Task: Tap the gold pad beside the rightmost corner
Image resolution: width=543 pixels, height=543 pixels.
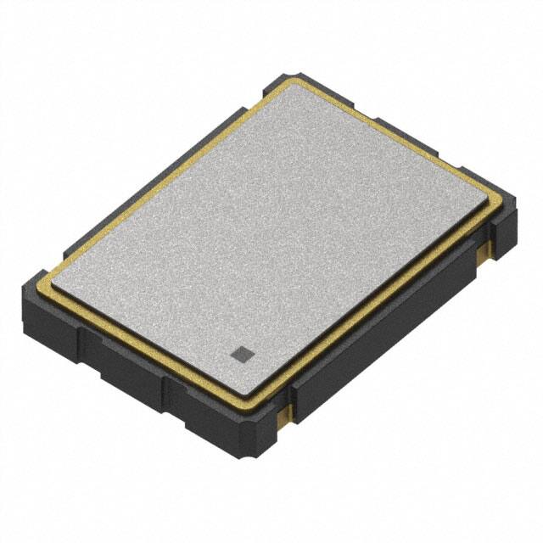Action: point(485,247)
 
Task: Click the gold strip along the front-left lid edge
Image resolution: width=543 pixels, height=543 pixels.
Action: point(144,334)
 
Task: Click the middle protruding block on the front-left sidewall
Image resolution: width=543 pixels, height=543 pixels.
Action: point(127,365)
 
